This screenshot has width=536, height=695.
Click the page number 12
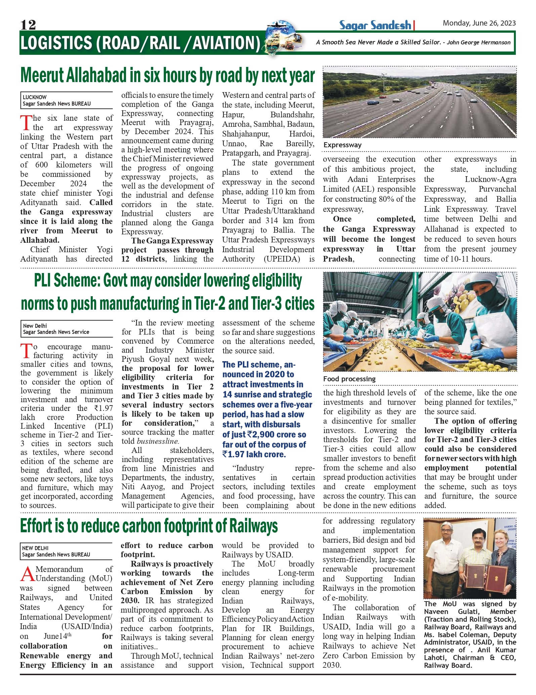(x=28, y=25)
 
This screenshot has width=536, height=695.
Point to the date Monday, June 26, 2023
(x=479, y=23)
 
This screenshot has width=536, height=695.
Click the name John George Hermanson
(x=479, y=42)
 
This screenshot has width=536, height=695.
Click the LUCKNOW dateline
(x=35, y=97)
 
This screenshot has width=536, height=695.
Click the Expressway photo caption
(x=342, y=145)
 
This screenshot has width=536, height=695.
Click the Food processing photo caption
(x=349, y=379)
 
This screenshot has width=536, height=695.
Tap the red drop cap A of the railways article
(x=27, y=574)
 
